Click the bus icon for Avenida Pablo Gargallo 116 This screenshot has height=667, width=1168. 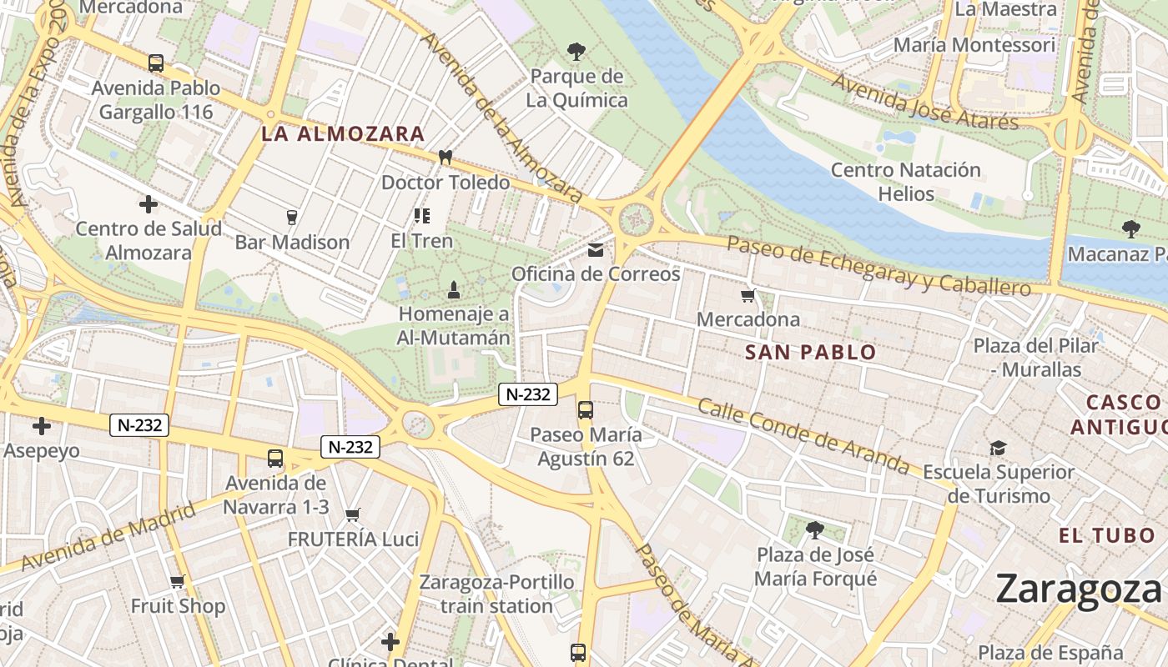156,63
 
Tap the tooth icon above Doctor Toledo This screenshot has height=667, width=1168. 445,157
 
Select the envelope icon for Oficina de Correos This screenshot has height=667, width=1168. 596,249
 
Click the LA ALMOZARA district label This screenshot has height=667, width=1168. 343,133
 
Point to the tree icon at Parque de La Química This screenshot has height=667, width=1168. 576,52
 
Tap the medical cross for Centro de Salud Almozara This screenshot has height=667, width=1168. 148,203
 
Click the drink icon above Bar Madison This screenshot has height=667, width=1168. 291,218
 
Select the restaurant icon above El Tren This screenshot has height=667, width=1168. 422,216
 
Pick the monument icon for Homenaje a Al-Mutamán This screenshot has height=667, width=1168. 453,290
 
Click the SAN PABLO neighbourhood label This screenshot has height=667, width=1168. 810,352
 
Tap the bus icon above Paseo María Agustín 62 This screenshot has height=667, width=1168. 586,409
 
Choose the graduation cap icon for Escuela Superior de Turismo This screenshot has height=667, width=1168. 998,449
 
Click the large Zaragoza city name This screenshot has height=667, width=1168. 1078,589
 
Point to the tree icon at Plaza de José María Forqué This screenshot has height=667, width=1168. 815,529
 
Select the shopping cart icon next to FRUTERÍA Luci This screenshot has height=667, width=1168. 353,514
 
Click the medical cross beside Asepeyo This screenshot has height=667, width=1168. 41,426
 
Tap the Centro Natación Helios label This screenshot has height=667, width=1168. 905,182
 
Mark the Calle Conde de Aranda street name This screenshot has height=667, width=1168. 803,435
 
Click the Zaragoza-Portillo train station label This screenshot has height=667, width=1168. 496,594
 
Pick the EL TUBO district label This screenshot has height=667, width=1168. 1107,535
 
